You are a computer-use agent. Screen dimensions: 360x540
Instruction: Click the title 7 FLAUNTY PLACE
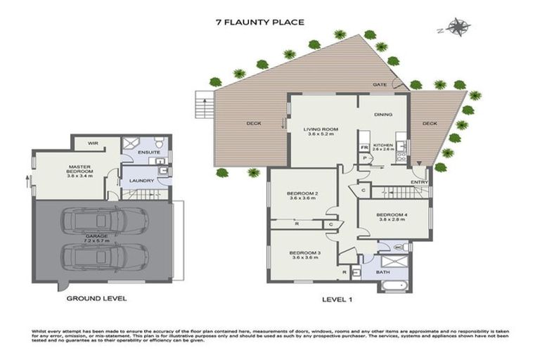coord(259,22)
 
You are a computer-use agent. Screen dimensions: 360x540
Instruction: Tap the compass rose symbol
coord(458,28)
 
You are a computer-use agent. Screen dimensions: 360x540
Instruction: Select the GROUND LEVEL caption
coord(96,298)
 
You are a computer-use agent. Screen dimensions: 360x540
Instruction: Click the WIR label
coord(92,143)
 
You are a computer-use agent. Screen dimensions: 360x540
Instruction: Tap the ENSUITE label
coord(148,152)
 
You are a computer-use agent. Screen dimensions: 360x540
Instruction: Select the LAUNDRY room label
coord(141,181)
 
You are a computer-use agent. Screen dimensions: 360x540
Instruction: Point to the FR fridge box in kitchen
coord(364,148)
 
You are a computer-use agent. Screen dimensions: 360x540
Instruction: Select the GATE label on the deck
coord(380,84)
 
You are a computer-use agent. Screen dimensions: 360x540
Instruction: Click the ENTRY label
coord(420,181)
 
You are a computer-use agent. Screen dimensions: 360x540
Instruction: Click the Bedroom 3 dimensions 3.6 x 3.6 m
coord(302,257)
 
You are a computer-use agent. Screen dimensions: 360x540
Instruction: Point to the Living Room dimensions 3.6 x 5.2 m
coord(321,134)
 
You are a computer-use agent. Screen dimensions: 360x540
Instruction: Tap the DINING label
coord(382,114)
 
